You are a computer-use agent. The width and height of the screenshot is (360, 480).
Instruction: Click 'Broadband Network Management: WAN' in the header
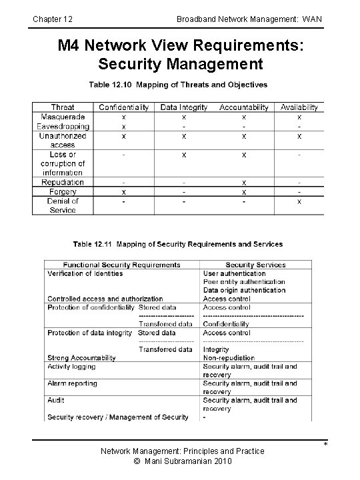tap(249, 19)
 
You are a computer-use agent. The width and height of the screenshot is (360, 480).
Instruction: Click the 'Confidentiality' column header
tap(124, 107)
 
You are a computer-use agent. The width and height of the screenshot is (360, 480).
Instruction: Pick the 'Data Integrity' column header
tap(184, 107)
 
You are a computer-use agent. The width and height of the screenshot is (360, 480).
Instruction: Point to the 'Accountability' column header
tap(243, 107)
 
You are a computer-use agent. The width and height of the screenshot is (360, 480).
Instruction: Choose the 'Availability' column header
tap(299, 107)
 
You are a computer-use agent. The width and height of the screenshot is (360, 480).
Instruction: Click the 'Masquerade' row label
tap(62, 116)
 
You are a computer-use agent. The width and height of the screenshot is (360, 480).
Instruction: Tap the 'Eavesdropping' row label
tap(62, 125)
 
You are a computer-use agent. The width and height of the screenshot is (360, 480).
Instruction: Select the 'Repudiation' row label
tap(62, 182)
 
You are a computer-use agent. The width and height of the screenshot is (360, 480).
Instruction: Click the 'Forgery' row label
tap(62, 191)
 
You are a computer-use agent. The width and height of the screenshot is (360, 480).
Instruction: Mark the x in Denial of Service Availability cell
tap(299, 201)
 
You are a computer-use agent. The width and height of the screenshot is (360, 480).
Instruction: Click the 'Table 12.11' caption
tap(177, 245)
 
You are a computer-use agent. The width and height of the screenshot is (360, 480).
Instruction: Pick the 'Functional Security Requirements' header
tap(122, 265)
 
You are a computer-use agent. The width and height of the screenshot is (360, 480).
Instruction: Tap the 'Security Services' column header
tap(255, 265)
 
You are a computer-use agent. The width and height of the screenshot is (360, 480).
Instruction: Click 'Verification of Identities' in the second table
tap(85, 273)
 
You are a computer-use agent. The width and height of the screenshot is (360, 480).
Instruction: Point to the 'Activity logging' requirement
tap(71, 367)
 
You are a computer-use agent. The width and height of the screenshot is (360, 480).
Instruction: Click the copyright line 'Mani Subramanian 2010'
tap(182, 461)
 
